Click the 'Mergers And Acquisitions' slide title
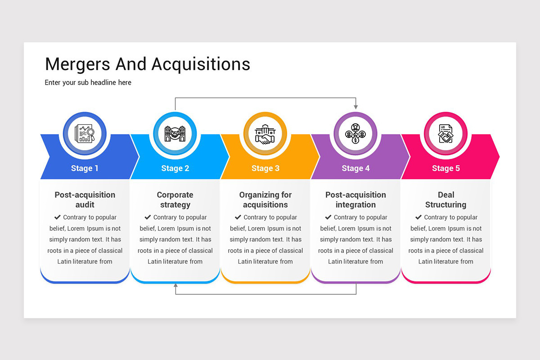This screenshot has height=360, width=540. click(148, 64)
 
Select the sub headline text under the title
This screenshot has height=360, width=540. click(88, 82)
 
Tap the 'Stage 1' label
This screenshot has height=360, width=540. click(85, 168)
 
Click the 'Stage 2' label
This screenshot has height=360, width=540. click(175, 168)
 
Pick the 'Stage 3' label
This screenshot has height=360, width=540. click(265, 168)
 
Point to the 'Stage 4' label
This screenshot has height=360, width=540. click(355, 168)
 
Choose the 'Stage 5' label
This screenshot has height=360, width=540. click(446, 168)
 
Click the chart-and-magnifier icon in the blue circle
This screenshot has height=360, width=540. click(85, 133)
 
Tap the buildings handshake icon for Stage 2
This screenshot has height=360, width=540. click(175, 133)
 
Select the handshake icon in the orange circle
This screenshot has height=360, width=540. click(265, 134)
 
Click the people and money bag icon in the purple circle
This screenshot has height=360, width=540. click(355, 133)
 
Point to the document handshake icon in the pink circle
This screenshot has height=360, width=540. click(445, 133)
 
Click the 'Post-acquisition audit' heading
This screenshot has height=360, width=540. click(85, 200)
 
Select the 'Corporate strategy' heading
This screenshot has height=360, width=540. click(175, 200)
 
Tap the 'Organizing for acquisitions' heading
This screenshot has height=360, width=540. click(265, 200)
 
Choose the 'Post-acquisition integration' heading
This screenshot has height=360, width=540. click(355, 200)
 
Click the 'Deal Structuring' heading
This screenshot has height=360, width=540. click(446, 200)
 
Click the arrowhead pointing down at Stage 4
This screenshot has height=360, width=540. click(355, 107)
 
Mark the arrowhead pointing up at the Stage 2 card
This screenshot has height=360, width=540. click(175, 285)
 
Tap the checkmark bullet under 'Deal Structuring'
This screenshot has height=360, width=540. click(418, 217)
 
